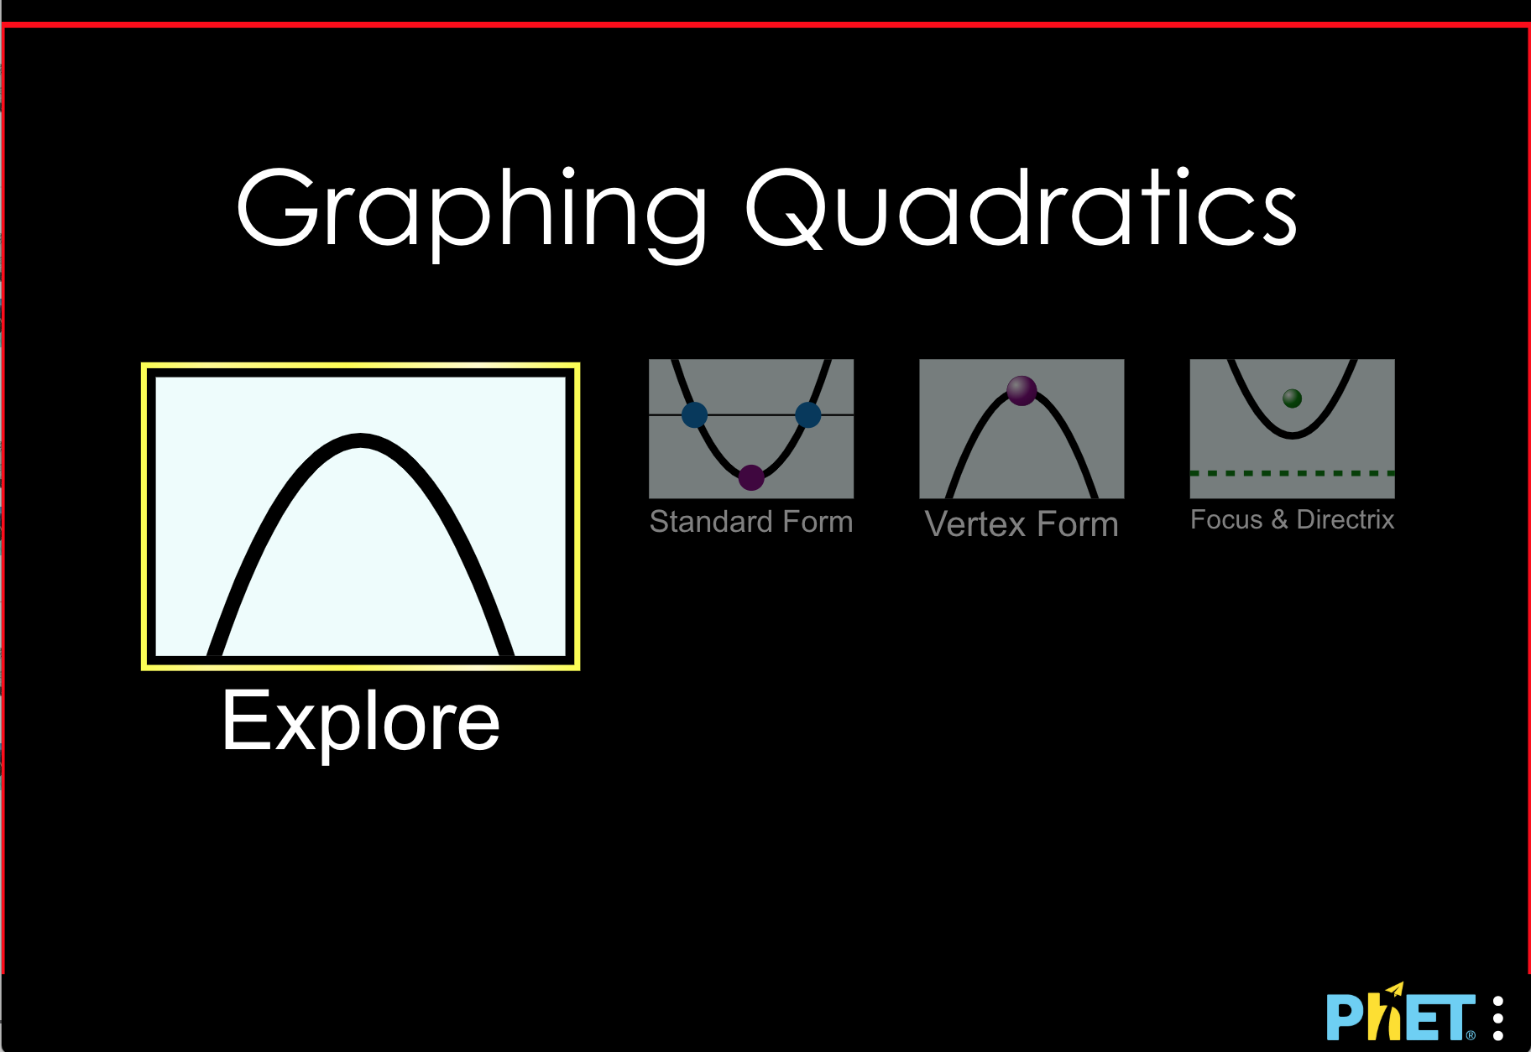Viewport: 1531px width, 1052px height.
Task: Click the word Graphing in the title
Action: coord(473,209)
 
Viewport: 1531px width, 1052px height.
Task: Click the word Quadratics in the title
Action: coord(1021,209)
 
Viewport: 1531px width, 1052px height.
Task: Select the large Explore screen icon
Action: coord(360,516)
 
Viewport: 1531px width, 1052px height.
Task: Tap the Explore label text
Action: coord(360,722)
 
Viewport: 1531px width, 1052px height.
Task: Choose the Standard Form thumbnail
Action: coord(751,429)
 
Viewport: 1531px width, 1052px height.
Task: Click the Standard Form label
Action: coord(751,522)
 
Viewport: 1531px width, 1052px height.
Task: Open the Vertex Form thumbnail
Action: coord(1022,429)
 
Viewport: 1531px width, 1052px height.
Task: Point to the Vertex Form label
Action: coord(1022,524)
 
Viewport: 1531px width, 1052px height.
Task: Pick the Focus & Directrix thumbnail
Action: coord(1292,429)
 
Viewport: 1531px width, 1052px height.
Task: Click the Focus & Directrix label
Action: coord(1292,519)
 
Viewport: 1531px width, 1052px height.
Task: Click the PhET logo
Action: coord(1399,1016)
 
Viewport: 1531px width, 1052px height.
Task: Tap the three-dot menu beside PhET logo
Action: coord(1498,1018)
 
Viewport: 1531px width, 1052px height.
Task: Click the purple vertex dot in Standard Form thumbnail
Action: coord(751,477)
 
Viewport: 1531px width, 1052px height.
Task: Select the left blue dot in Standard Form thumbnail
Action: coord(694,414)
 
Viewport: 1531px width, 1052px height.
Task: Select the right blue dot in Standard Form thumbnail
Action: coord(807,414)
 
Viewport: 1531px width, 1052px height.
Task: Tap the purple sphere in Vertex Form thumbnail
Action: coord(1022,390)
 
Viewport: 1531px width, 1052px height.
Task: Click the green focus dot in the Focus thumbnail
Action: coord(1293,398)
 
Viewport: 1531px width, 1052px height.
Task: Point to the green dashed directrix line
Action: coord(1292,473)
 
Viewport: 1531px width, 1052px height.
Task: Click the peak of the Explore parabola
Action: coord(360,440)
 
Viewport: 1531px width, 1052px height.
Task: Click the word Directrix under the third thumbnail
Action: coord(1345,519)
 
